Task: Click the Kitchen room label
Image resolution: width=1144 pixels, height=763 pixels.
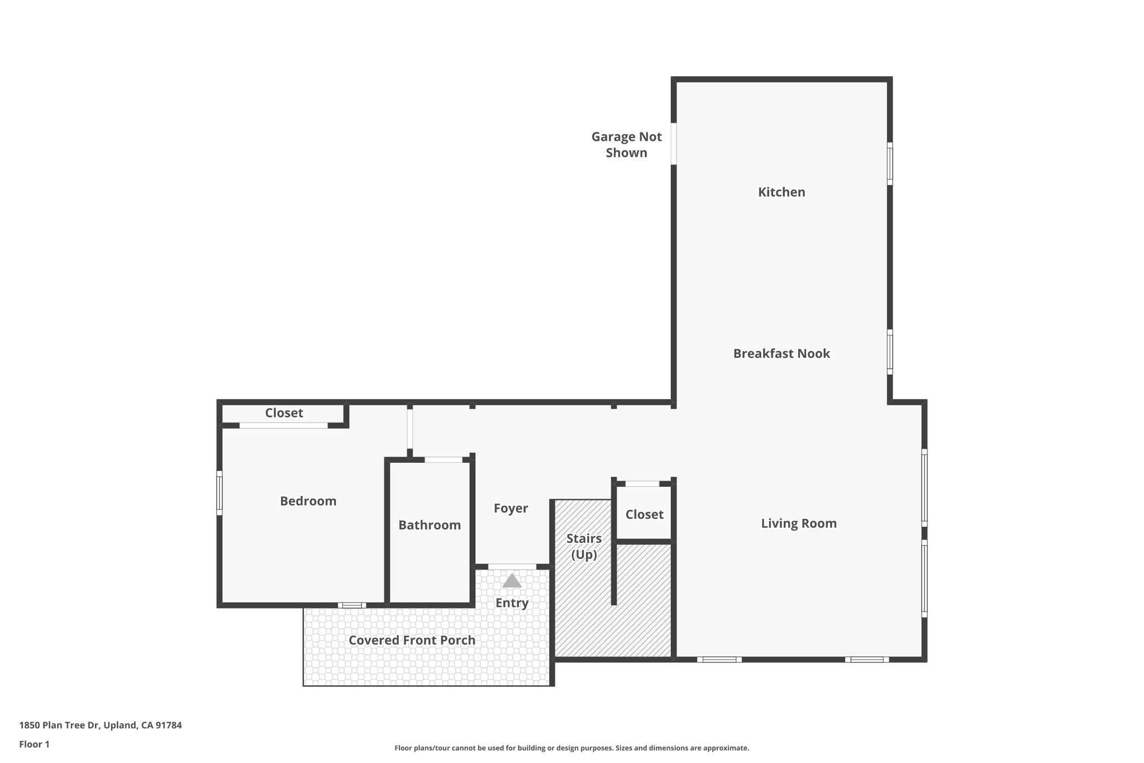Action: tap(781, 192)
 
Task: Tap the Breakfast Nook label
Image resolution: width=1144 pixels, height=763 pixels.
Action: tap(781, 353)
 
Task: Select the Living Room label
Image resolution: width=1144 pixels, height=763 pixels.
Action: tap(798, 523)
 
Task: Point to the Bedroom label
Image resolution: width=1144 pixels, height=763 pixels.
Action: tap(308, 501)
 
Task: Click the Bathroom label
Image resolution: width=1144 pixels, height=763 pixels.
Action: tap(429, 525)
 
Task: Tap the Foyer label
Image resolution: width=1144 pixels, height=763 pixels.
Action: tap(511, 508)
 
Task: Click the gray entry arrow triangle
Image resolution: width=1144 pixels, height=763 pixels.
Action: tap(512, 581)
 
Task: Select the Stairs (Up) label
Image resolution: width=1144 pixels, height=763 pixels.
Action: tap(584, 546)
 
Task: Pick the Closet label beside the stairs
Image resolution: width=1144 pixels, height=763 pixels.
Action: tap(644, 514)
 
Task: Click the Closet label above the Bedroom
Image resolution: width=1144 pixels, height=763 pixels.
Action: tap(284, 413)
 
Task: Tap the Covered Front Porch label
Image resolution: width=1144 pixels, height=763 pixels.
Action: tap(412, 640)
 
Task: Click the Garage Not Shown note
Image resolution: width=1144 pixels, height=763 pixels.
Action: tap(626, 145)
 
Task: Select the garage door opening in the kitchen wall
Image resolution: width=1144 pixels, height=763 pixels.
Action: tap(674, 144)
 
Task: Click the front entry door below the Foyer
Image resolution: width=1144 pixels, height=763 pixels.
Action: tap(512, 567)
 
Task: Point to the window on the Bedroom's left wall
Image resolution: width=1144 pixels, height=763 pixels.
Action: tap(220, 492)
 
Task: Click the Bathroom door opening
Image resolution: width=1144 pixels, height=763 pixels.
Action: tap(444, 459)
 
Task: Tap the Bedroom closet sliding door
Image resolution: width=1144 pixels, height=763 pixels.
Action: tap(283, 425)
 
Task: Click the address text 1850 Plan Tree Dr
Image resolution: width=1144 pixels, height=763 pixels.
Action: tap(101, 725)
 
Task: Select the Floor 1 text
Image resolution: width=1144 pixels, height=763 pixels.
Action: tap(34, 744)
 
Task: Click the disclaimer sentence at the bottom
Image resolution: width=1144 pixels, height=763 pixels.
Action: tap(571, 748)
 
